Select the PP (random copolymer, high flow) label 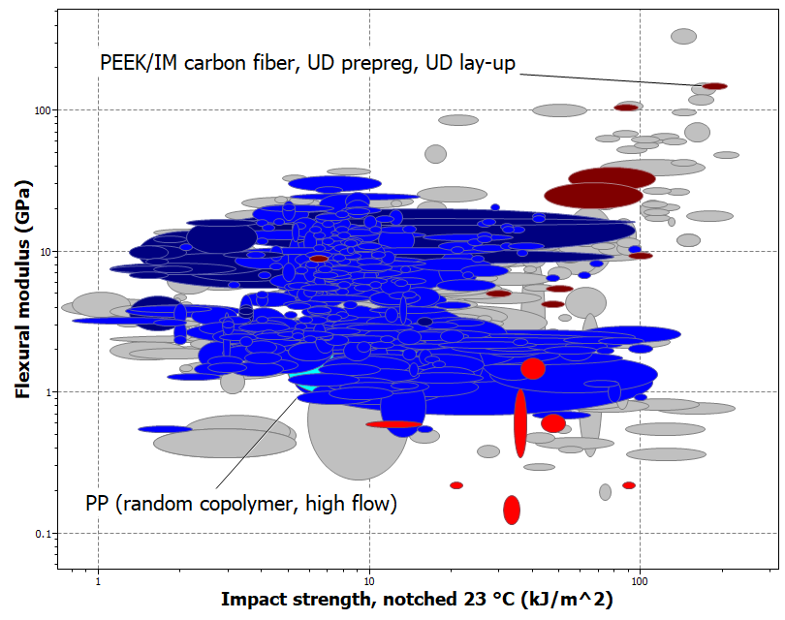[241, 504]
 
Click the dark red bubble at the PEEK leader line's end [714, 86]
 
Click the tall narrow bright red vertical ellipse [520, 422]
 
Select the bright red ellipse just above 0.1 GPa [512, 510]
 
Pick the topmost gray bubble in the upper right [684, 37]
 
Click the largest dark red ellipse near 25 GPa [593, 195]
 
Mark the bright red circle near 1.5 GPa [533, 368]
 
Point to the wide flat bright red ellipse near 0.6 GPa [393, 424]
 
